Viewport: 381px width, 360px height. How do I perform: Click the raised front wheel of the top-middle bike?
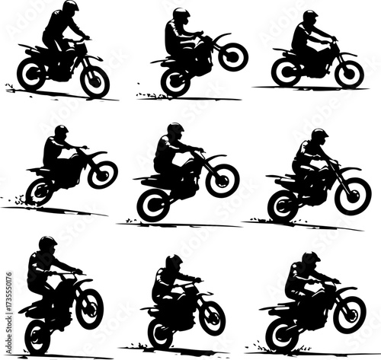click(232, 56)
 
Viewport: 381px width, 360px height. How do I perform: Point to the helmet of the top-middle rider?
click(181, 14)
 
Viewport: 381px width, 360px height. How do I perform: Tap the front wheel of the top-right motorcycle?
click(349, 73)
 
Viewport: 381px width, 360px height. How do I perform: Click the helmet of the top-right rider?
click(310, 17)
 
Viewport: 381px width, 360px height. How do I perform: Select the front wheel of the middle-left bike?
click(102, 174)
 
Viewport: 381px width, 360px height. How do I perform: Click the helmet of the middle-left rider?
click(61, 131)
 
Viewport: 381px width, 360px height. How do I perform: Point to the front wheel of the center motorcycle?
click(223, 180)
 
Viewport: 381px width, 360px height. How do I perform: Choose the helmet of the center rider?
click(174, 129)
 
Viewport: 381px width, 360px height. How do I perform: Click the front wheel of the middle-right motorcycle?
click(353, 196)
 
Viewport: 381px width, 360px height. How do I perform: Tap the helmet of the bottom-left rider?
click(47, 244)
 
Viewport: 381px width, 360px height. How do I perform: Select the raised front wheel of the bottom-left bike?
click(88, 303)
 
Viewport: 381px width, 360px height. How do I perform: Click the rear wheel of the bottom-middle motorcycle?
click(160, 333)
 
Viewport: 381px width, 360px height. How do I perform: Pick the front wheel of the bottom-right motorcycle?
click(349, 314)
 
